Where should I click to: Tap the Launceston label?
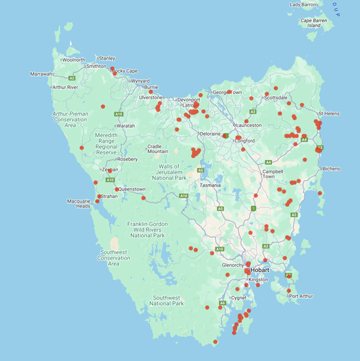[249, 125]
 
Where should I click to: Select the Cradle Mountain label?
[158, 149]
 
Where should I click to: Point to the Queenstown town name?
[132, 189]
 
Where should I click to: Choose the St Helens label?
[329, 113]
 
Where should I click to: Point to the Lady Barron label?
[303, 5]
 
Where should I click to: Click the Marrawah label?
[41, 74]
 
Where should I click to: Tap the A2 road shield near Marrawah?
[71, 78]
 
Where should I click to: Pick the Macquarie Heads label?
[79, 203]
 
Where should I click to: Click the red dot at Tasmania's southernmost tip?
[215, 342]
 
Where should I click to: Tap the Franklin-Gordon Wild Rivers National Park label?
[148, 230]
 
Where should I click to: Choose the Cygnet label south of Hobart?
[239, 297]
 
